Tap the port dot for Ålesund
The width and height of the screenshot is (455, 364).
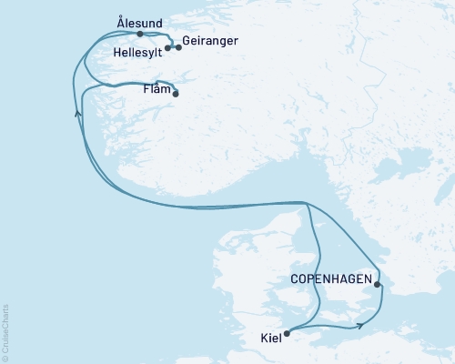tap(139, 34)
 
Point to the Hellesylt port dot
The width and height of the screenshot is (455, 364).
tap(168, 48)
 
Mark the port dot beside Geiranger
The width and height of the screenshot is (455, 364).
tap(178, 47)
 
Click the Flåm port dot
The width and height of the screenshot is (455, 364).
tap(175, 94)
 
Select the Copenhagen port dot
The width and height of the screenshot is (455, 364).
tap(378, 284)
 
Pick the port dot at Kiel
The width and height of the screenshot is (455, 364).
tap(287, 333)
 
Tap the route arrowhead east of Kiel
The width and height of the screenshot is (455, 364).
tap(362, 323)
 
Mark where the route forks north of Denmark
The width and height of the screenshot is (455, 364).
tap(308, 204)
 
